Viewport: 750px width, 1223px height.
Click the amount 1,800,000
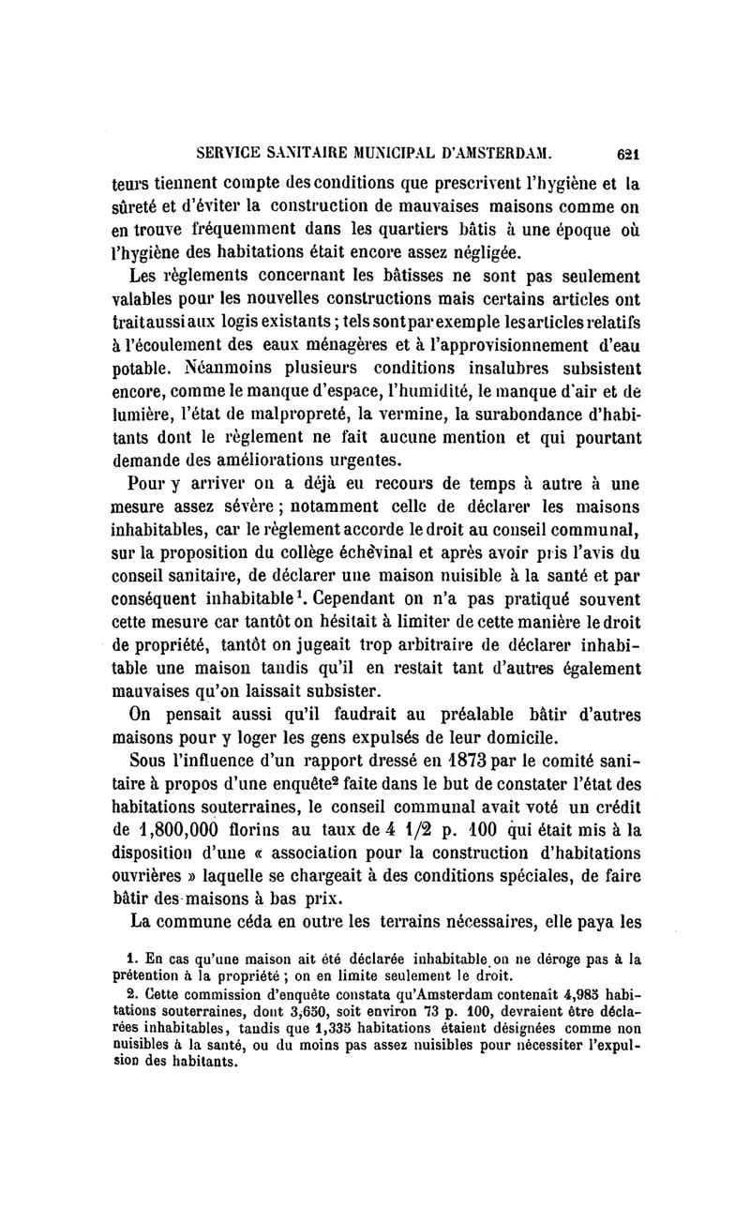[193, 826]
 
